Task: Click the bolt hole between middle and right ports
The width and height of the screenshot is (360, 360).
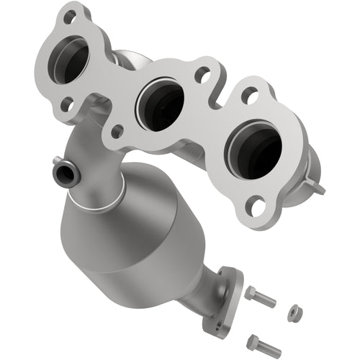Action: pos(204,72)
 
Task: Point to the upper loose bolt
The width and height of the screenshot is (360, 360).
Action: pos(260,297)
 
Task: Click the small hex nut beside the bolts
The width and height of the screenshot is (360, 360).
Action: pos(294,312)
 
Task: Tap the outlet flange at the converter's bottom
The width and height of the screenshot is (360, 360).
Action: pos(225,298)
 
